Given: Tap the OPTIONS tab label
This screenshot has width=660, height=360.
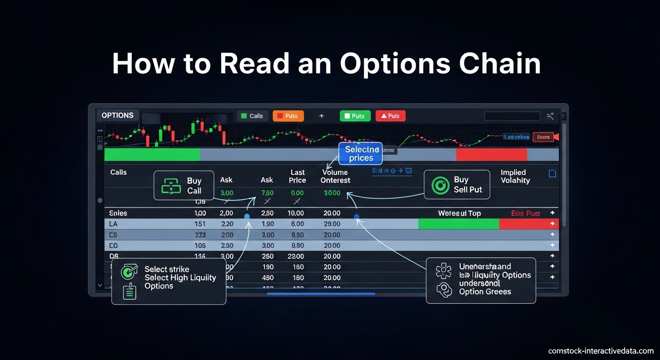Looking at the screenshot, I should coord(118,115).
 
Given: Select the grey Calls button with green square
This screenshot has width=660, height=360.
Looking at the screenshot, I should coord(252,116).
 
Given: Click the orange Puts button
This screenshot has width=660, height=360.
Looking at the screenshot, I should coord(288,116).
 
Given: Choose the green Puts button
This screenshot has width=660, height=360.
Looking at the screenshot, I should coord(355,116).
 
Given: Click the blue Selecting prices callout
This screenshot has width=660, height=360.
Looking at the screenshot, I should coord(360,153).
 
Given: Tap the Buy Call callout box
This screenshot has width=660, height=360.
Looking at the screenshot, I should coord(184,186).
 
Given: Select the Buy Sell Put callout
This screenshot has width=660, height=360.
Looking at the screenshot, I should coord(457,185).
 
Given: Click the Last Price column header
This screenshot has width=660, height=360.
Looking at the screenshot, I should coord(297,176).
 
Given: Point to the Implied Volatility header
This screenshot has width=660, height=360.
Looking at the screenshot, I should coord(515,176).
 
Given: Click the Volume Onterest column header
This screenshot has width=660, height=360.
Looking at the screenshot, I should coord(335,176).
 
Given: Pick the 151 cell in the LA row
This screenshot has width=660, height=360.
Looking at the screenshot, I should coord(200,224).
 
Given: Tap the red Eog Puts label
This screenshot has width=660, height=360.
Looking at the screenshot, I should coord(525,213).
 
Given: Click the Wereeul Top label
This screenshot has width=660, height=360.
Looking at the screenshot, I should coord(459,213).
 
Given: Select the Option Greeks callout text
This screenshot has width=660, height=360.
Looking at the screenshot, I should coord(485,292).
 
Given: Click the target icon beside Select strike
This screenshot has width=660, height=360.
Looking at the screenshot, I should coord(129,271).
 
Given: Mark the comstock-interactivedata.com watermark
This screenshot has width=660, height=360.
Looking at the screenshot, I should coord(601,351).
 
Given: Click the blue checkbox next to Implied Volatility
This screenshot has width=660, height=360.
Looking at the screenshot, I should coord(552,174).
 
